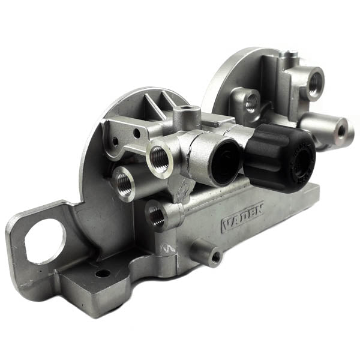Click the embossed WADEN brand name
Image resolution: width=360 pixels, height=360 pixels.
(x=242, y=217)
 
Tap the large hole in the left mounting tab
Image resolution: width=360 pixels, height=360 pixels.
(x=45, y=241)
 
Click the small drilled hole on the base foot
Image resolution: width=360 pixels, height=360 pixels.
(x=103, y=274)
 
